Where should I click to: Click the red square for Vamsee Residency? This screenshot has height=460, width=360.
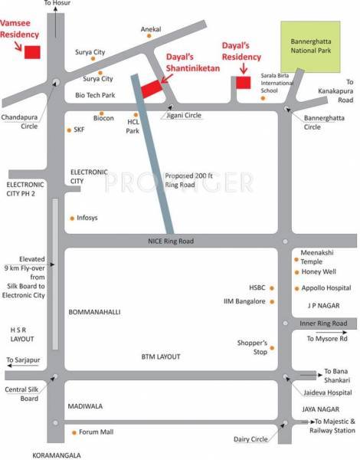click(x=32, y=52)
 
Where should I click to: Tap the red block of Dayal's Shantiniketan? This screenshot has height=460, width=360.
click(x=151, y=88)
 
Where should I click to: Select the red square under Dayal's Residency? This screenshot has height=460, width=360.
click(x=243, y=82)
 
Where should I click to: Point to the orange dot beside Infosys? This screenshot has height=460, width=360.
click(x=72, y=218)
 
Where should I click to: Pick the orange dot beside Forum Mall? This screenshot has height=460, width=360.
click(x=74, y=432)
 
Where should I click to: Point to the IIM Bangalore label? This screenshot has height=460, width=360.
click(x=244, y=301)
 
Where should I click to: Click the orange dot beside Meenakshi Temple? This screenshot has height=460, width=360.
click(x=296, y=261)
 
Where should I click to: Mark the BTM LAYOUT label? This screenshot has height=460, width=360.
click(x=161, y=357)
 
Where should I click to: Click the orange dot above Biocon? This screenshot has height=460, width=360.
click(x=101, y=113)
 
